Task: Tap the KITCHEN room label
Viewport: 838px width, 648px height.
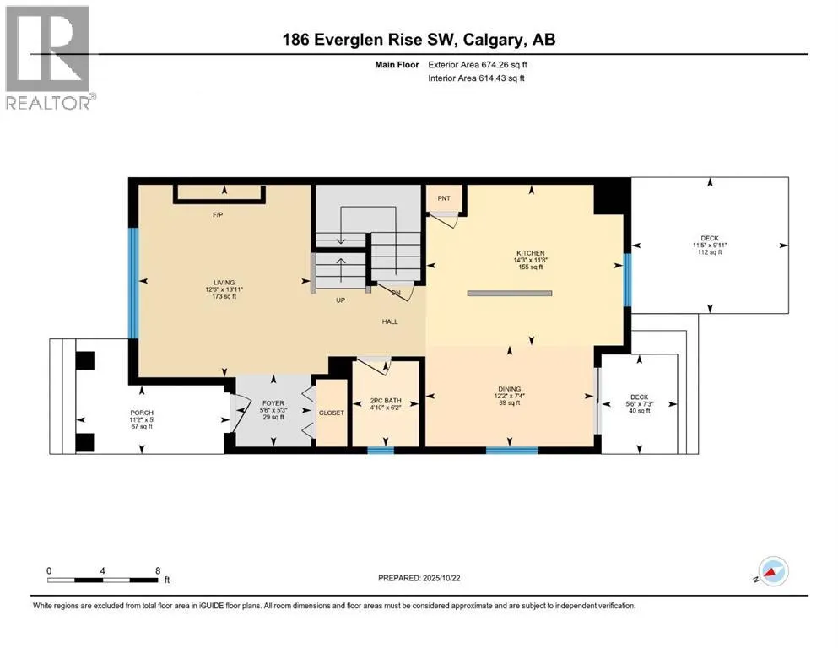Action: [x=531, y=253]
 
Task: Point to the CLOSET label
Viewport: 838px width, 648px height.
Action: [x=331, y=413]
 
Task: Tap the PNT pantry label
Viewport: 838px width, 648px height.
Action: [x=444, y=198]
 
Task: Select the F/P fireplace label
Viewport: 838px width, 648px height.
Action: [x=217, y=216]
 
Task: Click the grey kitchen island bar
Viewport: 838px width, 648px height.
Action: [x=510, y=294]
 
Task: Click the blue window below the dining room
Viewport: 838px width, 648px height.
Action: [x=511, y=451]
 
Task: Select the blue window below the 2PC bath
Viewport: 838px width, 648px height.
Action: [x=381, y=451]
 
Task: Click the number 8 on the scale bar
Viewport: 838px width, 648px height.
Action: [x=158, y=570]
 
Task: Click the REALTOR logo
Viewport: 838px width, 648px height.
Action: [x=48, y=57]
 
